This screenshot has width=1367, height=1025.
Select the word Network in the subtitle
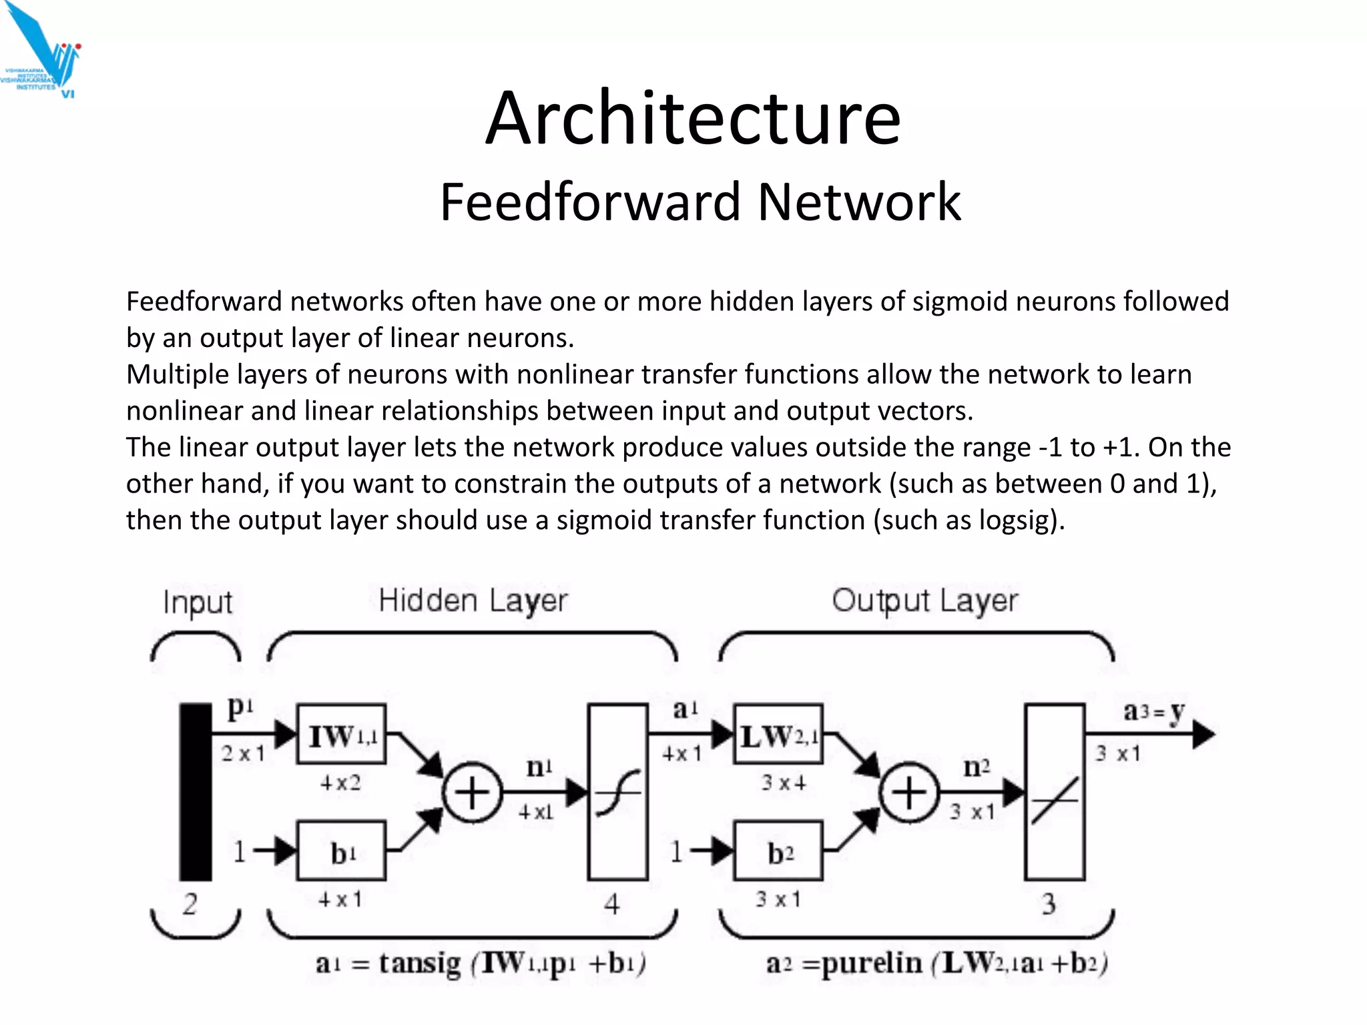point(859,202)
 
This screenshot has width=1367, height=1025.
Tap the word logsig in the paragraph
point(1014,520)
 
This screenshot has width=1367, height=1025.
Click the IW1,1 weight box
point(341,735)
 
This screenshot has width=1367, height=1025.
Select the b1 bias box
point(341,851)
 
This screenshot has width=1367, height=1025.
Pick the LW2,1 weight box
point(778,735)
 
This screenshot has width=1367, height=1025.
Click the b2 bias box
point(778,851)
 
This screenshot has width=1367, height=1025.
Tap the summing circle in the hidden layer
point(472,793)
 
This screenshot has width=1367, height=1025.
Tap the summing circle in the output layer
point(908,793)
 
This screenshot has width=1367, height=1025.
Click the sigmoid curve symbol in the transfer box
point(617,793)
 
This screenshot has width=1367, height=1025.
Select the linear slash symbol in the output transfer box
point(1055,799)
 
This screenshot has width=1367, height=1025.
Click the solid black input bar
point(196,791)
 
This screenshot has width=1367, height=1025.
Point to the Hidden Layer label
point(473,601)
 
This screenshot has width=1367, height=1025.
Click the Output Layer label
point(924,601)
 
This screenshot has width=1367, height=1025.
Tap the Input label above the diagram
point(198,602)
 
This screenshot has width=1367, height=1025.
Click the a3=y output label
point(1153,712)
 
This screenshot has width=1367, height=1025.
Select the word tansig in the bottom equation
point(420,963)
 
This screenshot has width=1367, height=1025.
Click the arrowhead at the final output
point(1203,735)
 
